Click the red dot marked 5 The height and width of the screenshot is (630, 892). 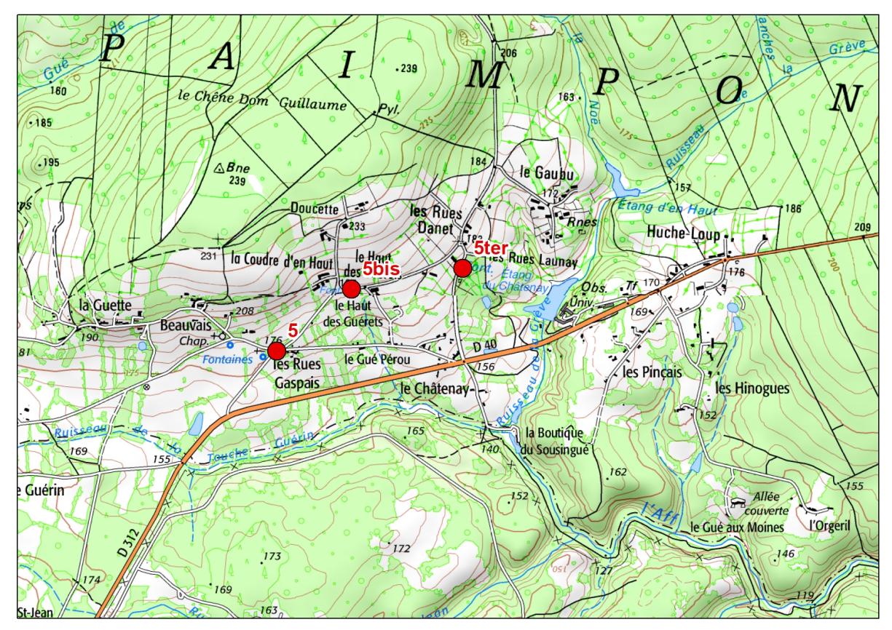click(277, 351)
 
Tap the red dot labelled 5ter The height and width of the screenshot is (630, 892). click(462, 268)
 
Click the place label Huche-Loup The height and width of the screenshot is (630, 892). click(682, 235)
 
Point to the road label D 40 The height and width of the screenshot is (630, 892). click(484, 349)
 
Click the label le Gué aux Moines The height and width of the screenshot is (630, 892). click(737, 526)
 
